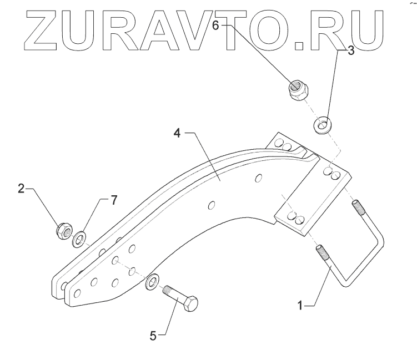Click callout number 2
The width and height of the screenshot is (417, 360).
click(21, 189)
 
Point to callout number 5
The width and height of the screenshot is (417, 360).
click(154, 335)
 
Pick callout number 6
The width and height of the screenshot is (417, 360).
click(217, 24)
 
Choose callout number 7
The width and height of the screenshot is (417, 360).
click(114, 201)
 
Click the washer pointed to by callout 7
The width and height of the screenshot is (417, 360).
click(79, 239)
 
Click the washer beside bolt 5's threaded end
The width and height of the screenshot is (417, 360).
click(151, 282)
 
